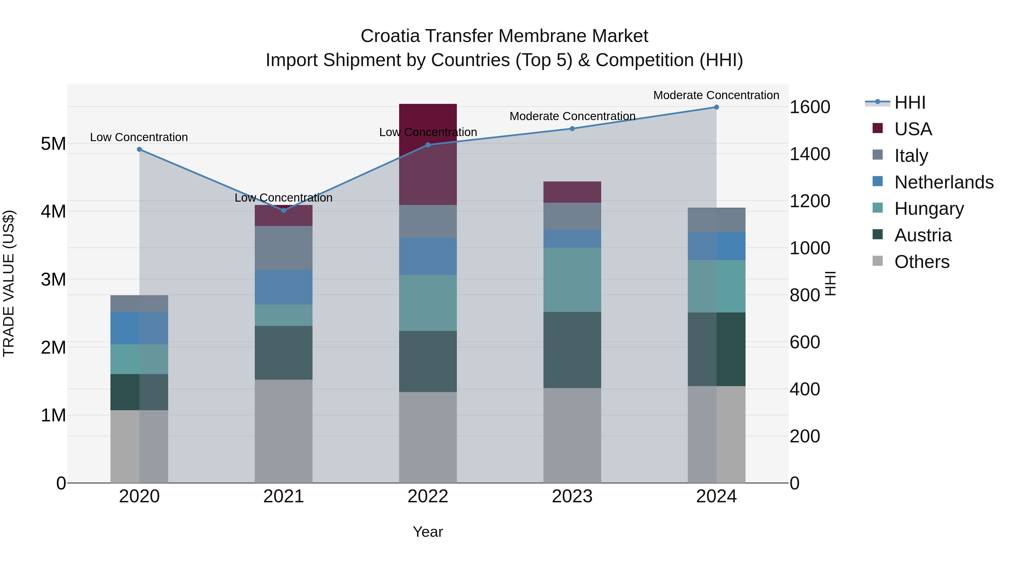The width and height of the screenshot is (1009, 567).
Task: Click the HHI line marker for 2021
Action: (284, 211)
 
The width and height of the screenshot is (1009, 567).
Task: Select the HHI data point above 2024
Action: (716, 107)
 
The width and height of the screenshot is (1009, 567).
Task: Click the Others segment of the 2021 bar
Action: (284, 431)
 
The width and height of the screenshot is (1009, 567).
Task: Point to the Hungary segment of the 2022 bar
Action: (428, 303)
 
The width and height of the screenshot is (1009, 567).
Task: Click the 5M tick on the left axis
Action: (53, 144)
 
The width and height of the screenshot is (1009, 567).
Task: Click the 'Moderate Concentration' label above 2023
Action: (572, 116)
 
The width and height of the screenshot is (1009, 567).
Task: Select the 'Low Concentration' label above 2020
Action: (139, 137)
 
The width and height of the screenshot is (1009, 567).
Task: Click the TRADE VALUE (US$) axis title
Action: (9, 283)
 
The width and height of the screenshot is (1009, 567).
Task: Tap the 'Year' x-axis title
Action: (428, 532)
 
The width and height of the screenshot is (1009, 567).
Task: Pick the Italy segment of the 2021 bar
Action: (284, 248)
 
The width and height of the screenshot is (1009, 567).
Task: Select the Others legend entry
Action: (922, 262)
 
